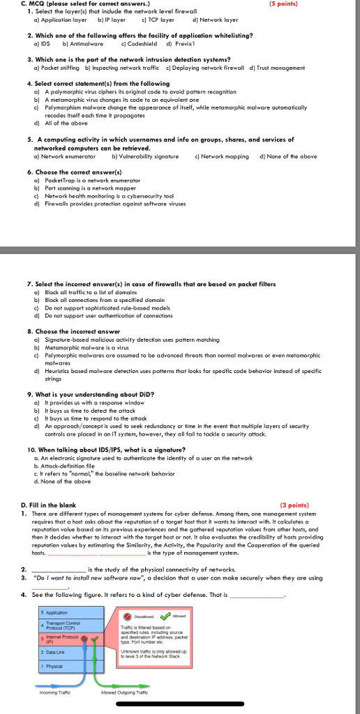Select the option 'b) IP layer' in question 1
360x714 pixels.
pyautogui.click(x=101, y=20)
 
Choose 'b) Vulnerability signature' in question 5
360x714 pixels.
pyautogui.click(x=141, y=156)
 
